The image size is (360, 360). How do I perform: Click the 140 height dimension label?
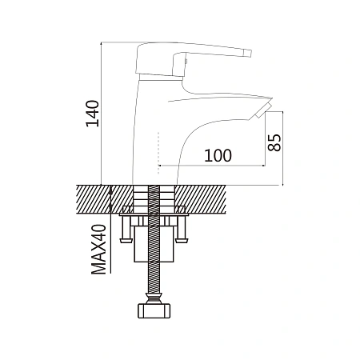tap(92, 114)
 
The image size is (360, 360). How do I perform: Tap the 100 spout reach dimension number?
tap(218, 155)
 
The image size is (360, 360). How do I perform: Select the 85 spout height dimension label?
tap(274, 142)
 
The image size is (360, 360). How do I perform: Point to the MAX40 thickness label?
tap(98, 250)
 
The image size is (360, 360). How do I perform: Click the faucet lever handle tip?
tap(249, 53)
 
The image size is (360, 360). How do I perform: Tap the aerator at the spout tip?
tap(262, 111)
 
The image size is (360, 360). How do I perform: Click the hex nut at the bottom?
tap(154, 310)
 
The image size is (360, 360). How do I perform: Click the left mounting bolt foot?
tap(126, 241)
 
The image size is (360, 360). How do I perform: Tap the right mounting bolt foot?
tap(182, 241)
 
